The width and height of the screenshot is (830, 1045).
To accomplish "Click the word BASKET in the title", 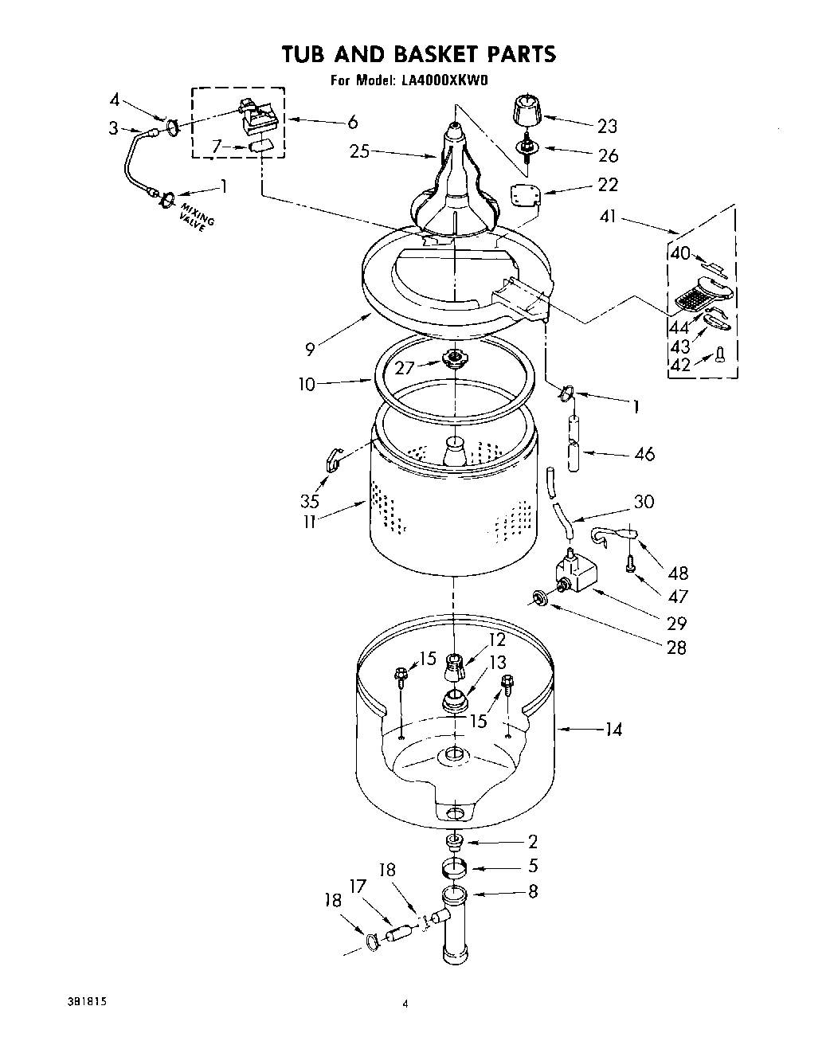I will (415, 54).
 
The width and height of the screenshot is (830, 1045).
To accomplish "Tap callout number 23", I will (607, 126).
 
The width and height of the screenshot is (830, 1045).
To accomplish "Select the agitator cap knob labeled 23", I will (524, 109).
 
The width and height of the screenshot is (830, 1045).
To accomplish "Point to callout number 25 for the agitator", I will (360, 151).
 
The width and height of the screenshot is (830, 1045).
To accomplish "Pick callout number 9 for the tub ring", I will (310, 347).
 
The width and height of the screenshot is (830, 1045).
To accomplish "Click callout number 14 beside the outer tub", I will (613, 729).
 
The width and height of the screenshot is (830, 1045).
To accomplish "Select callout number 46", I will (644, 454).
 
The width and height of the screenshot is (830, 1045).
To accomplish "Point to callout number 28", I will (675, 648).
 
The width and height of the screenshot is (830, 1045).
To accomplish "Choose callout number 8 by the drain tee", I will (532, 891).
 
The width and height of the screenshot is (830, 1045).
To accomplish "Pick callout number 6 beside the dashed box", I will (352, 122).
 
